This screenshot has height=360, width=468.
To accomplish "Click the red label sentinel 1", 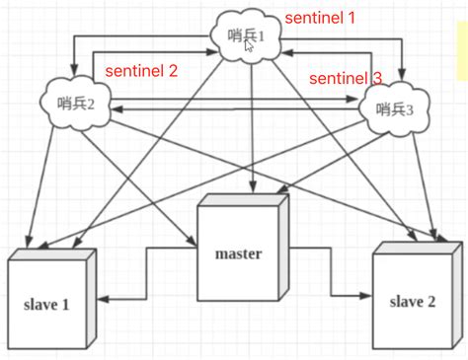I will click(318, 18).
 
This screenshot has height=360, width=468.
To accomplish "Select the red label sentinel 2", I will click(142, 70).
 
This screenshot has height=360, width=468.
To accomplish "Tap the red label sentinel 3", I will click(345, 77).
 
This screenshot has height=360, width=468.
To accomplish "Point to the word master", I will click(238, 254).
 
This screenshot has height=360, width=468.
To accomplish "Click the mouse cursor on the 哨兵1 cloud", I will click(250, 45).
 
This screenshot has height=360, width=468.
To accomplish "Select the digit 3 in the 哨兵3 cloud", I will click(423, 109).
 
